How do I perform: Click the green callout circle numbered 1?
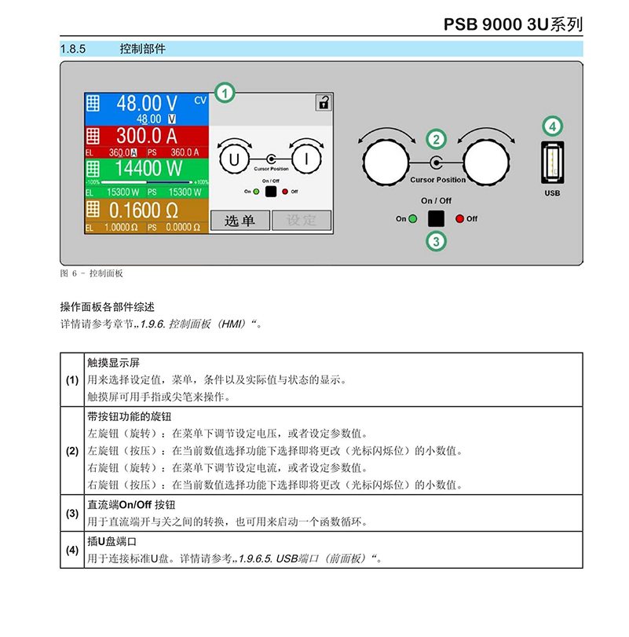225,93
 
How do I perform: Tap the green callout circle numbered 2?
436,139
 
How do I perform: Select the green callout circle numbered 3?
436,241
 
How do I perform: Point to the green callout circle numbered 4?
552,126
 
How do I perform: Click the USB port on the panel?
552,163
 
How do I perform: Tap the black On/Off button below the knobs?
436,218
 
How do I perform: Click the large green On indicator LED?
413,218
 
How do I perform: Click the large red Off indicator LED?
459,218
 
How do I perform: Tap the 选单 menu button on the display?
240,221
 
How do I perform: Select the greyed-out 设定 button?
302,221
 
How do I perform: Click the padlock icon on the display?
324,103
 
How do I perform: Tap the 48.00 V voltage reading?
147,103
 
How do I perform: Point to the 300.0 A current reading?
147,136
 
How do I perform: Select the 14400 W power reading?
148,168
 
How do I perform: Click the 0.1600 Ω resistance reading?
144,211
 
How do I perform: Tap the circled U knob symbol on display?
234,159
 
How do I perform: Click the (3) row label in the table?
72,513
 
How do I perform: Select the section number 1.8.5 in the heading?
73,49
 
